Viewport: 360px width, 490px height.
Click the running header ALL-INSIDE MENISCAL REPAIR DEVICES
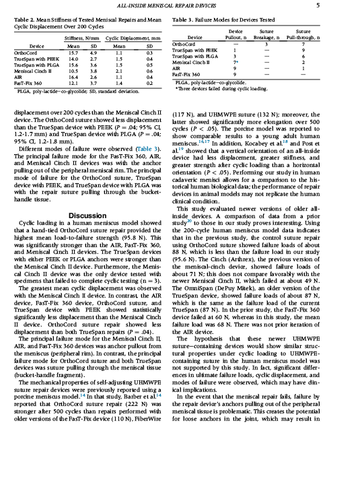(180, 5)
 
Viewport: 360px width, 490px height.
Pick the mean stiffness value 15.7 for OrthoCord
(74, 52)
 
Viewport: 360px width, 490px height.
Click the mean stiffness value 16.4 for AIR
(74, 77)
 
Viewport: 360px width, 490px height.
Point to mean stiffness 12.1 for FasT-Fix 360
(74, 83)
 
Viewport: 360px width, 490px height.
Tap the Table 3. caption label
(185, 21)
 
